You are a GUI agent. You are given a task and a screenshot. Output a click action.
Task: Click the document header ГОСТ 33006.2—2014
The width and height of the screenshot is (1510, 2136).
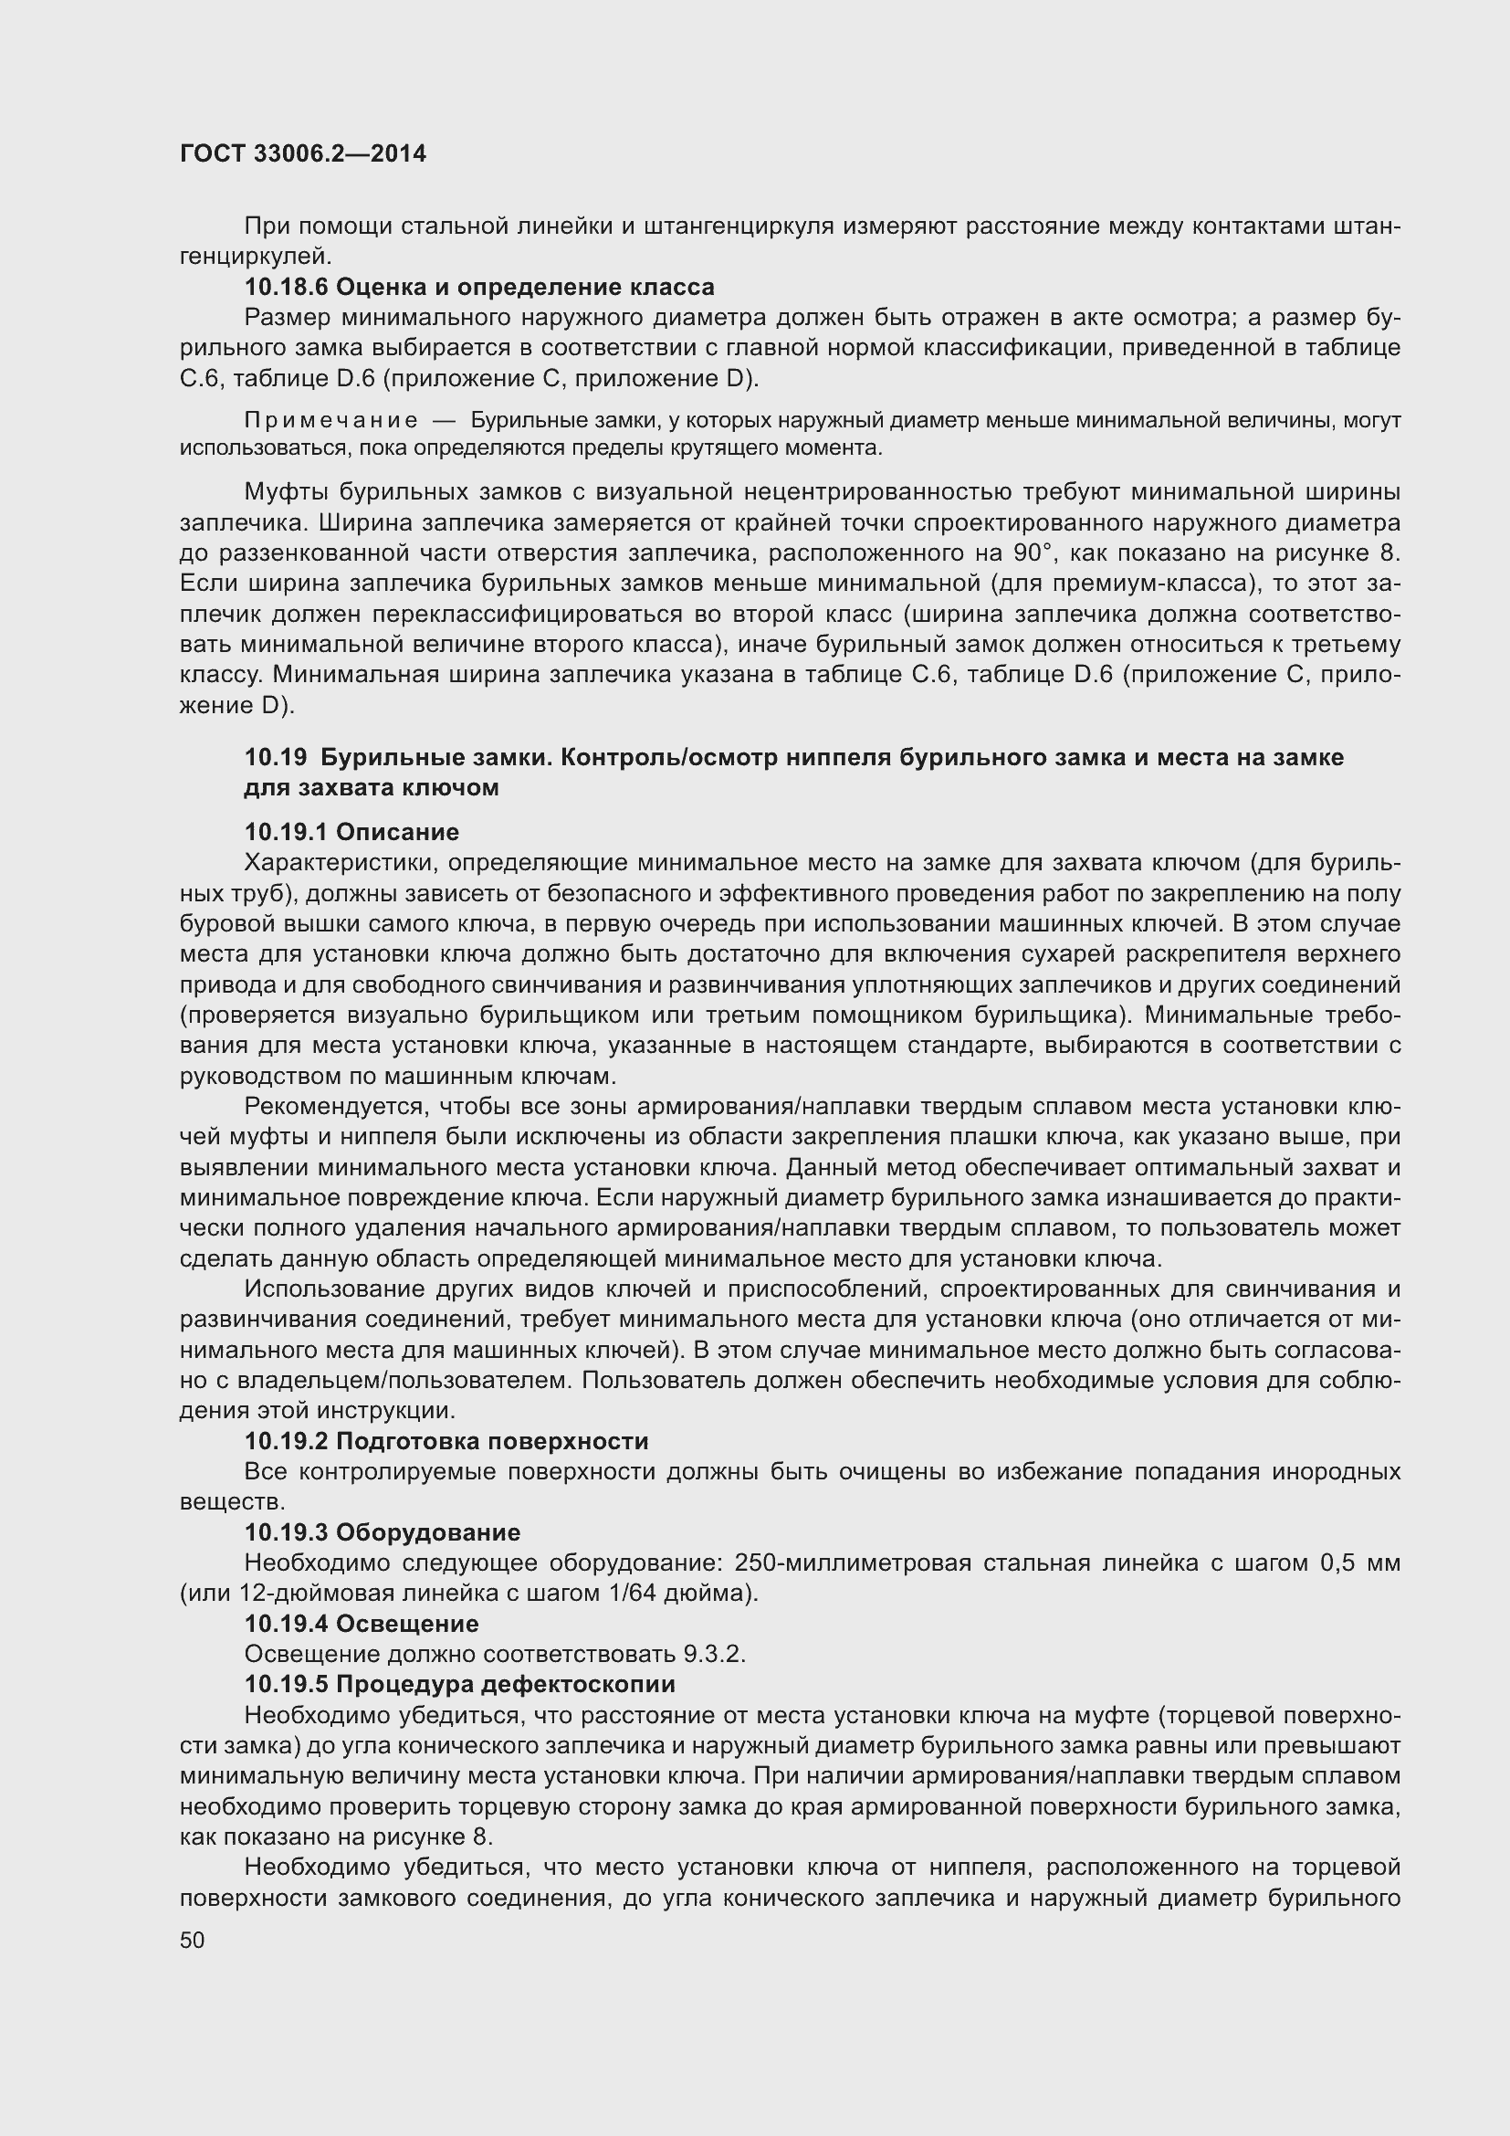pos(303,153)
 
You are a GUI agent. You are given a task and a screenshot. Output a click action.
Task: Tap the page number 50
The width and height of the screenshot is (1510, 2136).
pos(193,1940)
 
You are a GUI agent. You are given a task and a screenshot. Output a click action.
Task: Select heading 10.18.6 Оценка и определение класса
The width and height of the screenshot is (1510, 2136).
pos(479,287)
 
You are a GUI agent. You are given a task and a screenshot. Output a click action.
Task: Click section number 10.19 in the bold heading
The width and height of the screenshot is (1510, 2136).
pos(275,757)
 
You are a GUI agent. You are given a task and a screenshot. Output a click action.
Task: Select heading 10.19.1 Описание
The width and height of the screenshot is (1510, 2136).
pos(351,832)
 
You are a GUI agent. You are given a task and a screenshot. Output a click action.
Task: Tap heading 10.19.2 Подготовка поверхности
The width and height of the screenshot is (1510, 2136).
pos(446,1441)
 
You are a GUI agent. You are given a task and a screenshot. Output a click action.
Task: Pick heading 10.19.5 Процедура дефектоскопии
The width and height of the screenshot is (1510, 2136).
pos(459,1685)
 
